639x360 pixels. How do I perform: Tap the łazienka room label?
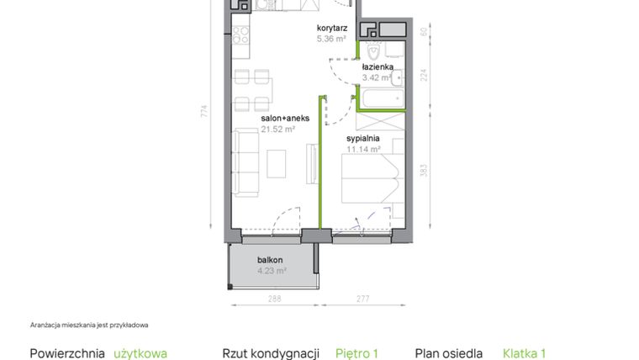(x=377, y=66)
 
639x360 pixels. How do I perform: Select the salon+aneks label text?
(x=284, y=119)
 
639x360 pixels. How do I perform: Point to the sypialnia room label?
(x=363, y=137)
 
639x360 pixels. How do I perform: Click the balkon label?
(x=270, y=260)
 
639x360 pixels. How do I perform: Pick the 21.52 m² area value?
(x=277, y=130)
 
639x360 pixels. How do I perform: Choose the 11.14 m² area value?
(x=363, y=149)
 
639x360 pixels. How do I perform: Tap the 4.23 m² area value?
(x=272, y=271)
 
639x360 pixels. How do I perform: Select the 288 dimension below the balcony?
(x=274, y=299)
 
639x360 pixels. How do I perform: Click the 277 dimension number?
(x=363, y=299)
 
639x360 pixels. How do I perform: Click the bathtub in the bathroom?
(x=383, y=97)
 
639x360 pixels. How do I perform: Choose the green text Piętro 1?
(x=357, y=353)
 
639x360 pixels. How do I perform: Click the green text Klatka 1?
(x=525, y=353)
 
